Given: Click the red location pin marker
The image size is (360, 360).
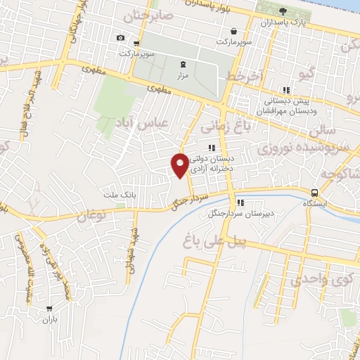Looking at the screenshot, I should [180, 165].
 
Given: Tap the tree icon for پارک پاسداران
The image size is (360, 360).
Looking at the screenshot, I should [283, 11].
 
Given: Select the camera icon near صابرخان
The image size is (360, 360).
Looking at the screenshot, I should [121, 37].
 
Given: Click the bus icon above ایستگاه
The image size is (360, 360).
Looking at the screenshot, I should [316, 193].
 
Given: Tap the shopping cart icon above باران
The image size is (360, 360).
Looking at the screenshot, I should [49, 309].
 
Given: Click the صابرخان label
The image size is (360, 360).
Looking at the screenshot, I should [147, 13].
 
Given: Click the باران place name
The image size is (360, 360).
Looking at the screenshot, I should [49, 319].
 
